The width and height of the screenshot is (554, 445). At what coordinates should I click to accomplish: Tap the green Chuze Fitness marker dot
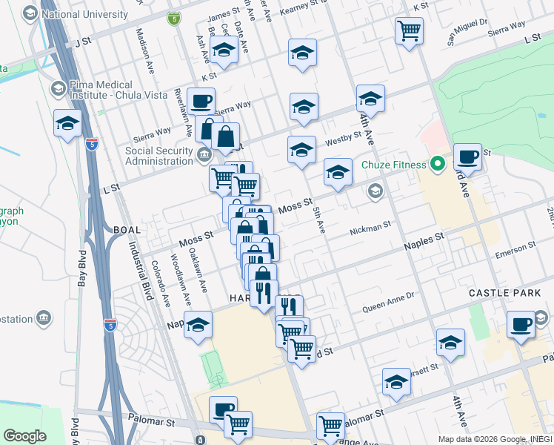[x=437, y=164]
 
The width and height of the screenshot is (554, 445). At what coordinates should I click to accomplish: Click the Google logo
[x=24, y=436]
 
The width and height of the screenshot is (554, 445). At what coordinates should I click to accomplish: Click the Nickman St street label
[x=370, y=226]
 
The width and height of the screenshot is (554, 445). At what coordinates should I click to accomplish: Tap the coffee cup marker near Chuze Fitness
[x=467, y=156]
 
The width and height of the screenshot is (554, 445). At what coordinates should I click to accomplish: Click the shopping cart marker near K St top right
[x=409, y=30]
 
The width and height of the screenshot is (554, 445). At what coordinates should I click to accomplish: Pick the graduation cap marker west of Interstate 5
[x=67, y=123]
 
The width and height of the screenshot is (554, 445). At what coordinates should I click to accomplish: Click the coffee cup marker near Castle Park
[x=521, y=324]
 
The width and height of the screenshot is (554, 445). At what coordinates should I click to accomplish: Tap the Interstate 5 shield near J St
[x=173, y=18]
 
